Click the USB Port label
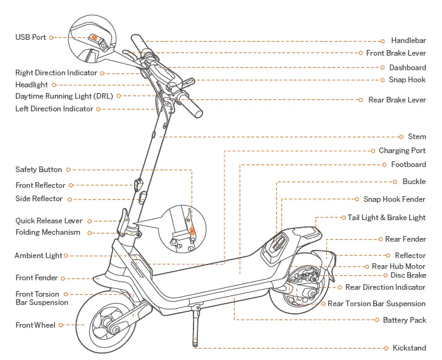30,37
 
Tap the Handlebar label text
408,40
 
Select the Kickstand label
409,348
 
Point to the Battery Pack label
404,320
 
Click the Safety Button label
39,170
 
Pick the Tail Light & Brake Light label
386,218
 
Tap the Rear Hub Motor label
398,266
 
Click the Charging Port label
402,151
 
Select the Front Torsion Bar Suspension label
42,298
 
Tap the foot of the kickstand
195,346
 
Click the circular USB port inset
91,38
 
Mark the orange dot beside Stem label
401,137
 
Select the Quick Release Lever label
49,221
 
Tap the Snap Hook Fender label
394,199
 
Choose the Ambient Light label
39,256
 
